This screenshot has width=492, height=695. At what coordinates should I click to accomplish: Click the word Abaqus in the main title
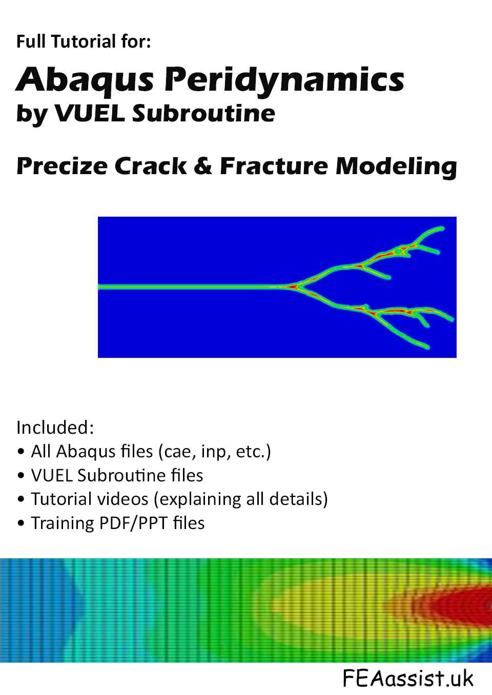pos(85,79)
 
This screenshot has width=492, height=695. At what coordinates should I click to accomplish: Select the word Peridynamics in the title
pos(284,80)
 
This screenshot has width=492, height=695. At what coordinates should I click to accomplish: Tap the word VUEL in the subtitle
pos(90,113)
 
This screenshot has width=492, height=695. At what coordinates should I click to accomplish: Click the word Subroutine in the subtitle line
pos(203,113)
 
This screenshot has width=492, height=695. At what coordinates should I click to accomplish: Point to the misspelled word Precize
pos(62,166)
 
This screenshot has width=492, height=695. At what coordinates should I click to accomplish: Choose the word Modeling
pos(396,167)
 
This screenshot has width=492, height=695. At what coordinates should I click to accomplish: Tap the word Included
pos(55,427)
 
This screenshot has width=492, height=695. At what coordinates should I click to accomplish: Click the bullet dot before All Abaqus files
pos(21,452)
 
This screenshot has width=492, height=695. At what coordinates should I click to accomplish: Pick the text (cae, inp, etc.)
pos(215,452)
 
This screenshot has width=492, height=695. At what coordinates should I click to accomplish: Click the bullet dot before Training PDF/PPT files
pos(21,523)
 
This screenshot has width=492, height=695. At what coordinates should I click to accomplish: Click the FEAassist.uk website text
pos(408,678)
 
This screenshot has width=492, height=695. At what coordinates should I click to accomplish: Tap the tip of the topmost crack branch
pos(443,228)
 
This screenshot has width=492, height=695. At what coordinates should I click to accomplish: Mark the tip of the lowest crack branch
pos(428,347)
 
